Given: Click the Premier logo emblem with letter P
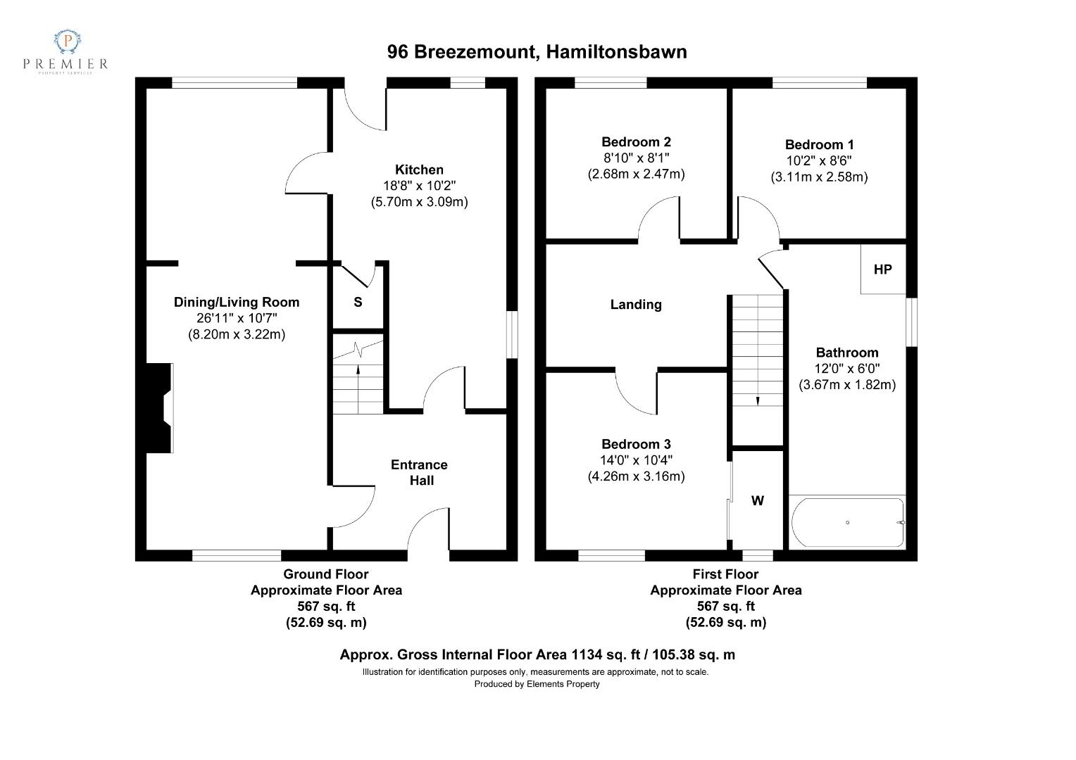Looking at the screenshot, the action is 68,42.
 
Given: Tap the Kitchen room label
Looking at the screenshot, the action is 419,170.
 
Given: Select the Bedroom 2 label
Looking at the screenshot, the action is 636,141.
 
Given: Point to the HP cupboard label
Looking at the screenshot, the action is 882,270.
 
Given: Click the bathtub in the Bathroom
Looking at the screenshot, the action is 847,522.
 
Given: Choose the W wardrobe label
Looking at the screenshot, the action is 758,501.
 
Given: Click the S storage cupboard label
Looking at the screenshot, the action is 358,302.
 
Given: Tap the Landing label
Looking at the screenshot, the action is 636,305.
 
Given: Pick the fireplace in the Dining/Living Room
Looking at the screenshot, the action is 159,408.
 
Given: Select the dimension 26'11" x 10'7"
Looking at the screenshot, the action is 237,318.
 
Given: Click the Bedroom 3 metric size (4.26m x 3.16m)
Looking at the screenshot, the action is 636,476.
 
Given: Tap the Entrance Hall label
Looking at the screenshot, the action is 420,472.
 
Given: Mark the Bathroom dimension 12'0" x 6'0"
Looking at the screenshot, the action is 847,368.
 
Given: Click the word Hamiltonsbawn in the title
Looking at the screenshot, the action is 616,52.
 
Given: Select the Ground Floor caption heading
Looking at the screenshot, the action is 325,574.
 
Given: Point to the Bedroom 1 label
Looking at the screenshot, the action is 820,144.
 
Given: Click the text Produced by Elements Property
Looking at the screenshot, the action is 537,684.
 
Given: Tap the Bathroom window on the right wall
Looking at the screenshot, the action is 912,322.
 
